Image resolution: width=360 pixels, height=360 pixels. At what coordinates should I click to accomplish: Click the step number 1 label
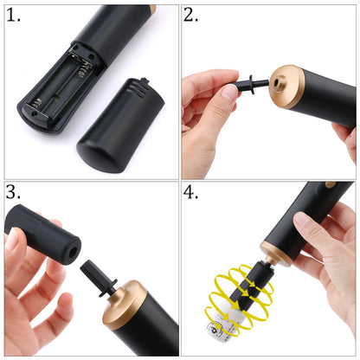click(13, 16)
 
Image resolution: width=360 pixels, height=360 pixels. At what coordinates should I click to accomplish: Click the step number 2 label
click(190, 16)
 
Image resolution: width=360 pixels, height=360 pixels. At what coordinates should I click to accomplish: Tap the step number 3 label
click(13, 192)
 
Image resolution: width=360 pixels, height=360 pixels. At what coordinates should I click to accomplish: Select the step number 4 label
click(190, 192)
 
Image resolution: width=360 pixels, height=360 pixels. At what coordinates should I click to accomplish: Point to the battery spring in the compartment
click(37, 104)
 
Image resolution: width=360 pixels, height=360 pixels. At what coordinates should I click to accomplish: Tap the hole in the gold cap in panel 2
click(277, 83)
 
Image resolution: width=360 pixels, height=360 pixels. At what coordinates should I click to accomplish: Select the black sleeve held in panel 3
click(42, 234)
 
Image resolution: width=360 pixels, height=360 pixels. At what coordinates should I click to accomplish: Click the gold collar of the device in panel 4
click(276, 251)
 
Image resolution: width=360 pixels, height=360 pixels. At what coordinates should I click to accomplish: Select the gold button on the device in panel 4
click(331, 184)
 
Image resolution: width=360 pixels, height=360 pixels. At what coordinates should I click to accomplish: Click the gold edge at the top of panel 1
click(152, 10)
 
